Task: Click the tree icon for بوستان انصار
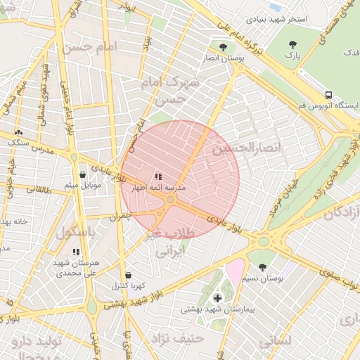point(223,47)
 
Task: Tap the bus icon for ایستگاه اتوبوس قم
point(328,95)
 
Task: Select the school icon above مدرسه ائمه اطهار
point(157,176)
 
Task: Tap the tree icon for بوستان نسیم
point(263,267)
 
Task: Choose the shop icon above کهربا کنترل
point(128,275)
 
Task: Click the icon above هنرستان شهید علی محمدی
point(76,251)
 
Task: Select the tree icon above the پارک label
point(292,44)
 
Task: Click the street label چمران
point(120,217)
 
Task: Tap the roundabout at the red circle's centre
point(171,200)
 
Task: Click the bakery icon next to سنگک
point(18,132)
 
